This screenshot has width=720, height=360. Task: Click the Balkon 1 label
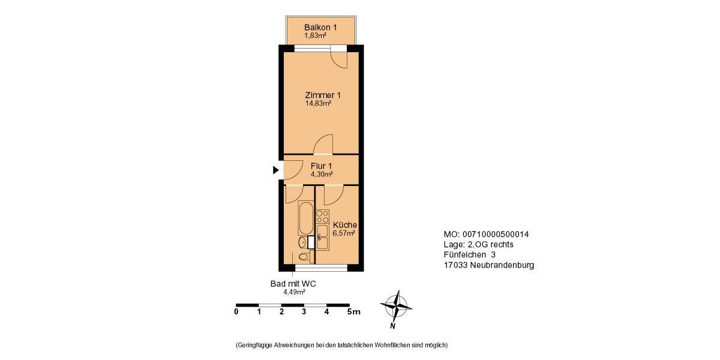[x=320, y=27]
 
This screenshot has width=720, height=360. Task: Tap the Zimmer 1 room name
[x=323, y=95]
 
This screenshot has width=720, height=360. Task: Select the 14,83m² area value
[x=318, y=103]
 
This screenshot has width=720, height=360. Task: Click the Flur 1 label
[x=321, y=166]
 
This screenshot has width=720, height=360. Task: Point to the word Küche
[x=345, y=225]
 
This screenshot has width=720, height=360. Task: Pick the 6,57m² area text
[x=344, y=233]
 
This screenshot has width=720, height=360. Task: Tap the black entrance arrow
[x=276, y=170]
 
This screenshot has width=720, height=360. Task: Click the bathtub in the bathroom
[x=305, y=219]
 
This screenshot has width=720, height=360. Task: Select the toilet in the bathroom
[x=305, y=257]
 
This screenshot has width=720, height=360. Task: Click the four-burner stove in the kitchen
[x=323, y=216]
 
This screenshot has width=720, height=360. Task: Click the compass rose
[x=396, y=306]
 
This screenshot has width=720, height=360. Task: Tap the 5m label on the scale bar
[x=353, y=311]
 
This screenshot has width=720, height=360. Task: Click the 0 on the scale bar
[x=236, y=311]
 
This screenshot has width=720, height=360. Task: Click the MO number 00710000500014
[x=494, y=234]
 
